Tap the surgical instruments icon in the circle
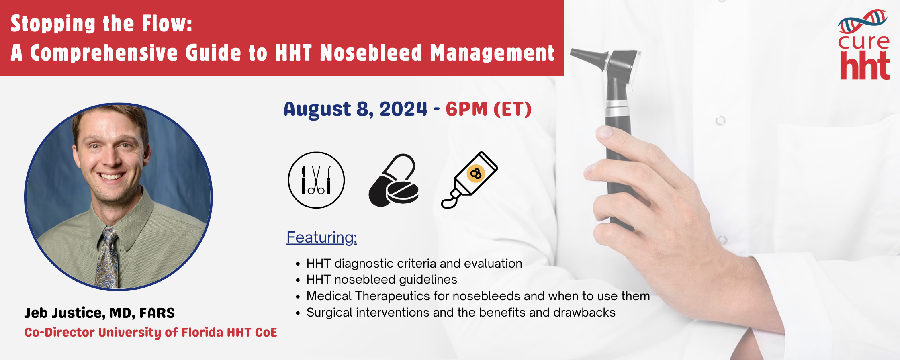click(316, 180)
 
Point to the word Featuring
click(321, 237)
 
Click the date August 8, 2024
click(356, 109)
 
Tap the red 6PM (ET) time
click(489, 109)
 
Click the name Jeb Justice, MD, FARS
click(100, 313)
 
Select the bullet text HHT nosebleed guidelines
click(382, 280)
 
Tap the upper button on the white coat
click(720, 120)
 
